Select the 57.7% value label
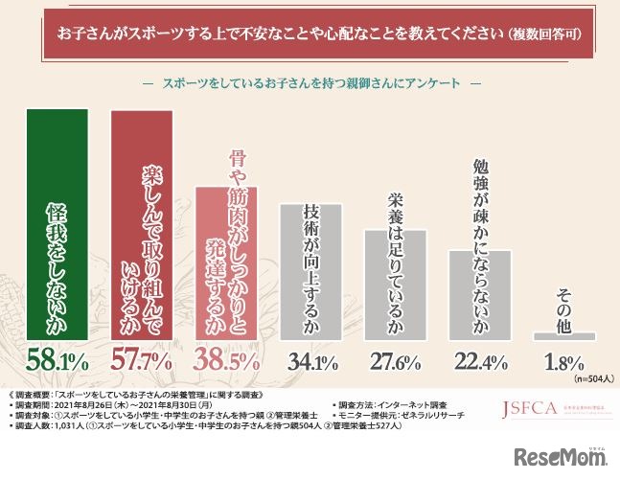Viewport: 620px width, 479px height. pos(145,362)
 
